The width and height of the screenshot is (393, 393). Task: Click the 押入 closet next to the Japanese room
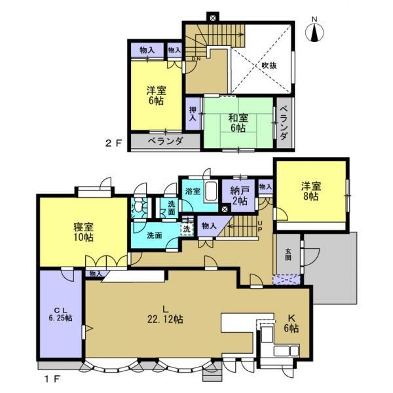pos(193,115)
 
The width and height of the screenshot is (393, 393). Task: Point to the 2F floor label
pos(113,142)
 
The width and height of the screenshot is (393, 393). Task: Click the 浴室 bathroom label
pos(193,191)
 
